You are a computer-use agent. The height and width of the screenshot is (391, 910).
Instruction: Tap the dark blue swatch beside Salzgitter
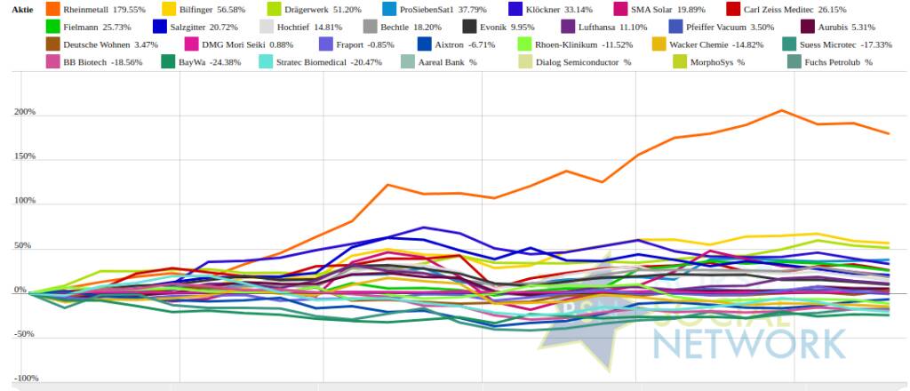click(x=161, y=28)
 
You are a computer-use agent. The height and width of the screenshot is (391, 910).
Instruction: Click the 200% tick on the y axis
click(x=26, y=113)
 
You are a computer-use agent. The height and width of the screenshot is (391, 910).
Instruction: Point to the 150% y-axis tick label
click(x=26, y=156)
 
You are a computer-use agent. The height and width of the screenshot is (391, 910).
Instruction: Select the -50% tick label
click(x=26, y=334)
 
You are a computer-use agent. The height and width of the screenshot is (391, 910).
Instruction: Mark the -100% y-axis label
click(x=24, y=378)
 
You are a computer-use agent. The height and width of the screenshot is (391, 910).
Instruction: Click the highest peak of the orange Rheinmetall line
click(x=782, y=110)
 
